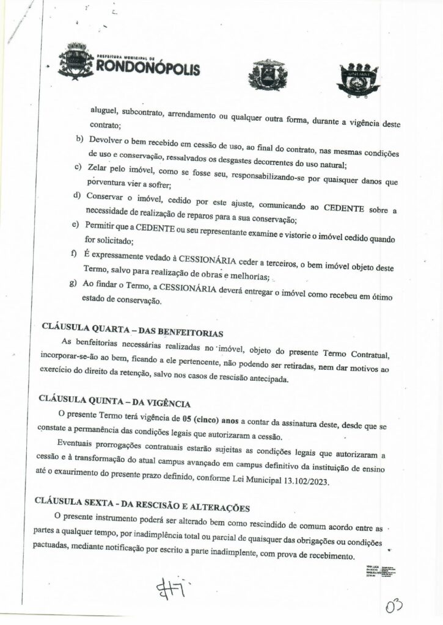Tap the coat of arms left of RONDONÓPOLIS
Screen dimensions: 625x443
76,60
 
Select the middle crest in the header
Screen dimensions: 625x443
267,75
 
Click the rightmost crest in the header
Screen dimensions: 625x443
359,78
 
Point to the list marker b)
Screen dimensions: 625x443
78,139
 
